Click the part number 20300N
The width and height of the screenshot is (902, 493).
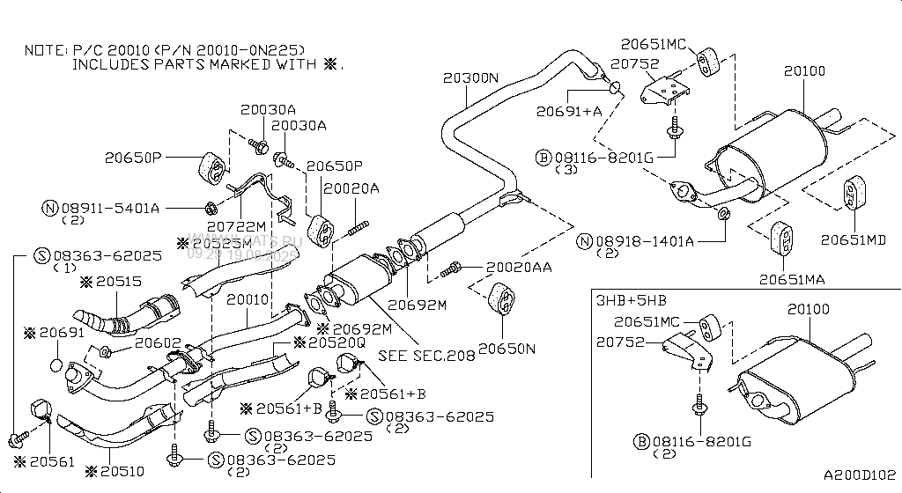pyautogui.click(x=470, y=77)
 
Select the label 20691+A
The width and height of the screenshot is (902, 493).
pyautogui.click(x=568, y=111)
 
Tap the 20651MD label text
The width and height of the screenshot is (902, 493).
pyautogui.click(x=853, y=239)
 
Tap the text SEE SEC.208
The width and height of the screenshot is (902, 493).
pyautogui.click(x=426, y=357)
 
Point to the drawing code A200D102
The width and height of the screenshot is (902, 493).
pyautogui.click(x=860, y=475)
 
